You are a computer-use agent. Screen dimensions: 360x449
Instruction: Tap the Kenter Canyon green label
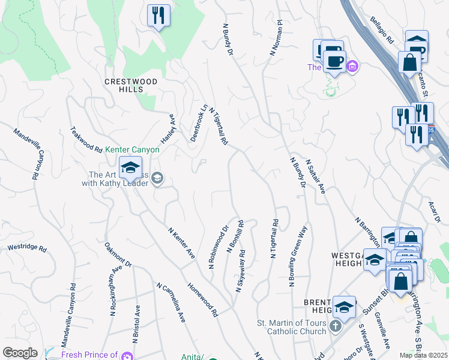coord(132,149)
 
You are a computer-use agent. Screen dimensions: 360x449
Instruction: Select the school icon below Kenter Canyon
coord(130,169)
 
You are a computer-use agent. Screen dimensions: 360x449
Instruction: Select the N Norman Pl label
coord(276,38)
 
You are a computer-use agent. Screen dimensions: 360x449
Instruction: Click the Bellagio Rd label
coord(381,31)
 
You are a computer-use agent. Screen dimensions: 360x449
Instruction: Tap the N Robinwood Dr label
coord(219,247)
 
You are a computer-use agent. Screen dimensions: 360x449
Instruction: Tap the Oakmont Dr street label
coord(118,254)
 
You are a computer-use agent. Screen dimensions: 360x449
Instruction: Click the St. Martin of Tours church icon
coord(336,326)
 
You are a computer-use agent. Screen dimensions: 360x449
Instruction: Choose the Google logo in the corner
coord(19,353)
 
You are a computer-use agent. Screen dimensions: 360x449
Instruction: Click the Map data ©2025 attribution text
coord(423,355)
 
